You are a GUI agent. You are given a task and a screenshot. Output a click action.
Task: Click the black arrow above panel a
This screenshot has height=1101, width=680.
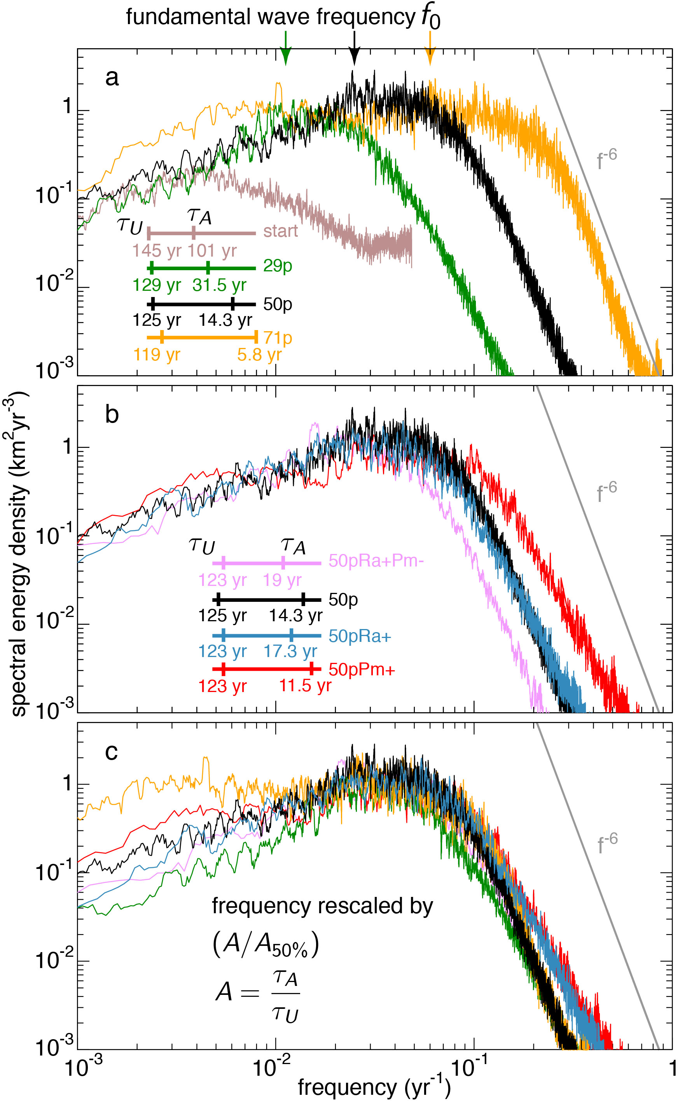point(355,49)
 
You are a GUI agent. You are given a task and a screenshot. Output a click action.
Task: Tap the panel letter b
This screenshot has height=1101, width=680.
point(112,414)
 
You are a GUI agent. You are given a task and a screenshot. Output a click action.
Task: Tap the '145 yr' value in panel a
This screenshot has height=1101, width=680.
point(157,250)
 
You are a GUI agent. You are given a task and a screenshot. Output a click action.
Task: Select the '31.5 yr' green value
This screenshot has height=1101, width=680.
point(219,285)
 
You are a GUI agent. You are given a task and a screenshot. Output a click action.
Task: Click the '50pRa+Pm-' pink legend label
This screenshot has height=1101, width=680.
point(376,561)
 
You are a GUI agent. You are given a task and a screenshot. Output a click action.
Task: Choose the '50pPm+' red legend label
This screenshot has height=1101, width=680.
point(362,669)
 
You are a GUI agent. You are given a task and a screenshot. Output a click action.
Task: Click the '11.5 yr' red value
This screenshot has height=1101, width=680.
point(305,686)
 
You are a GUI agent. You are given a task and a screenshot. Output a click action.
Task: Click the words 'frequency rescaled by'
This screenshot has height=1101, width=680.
point(322,906)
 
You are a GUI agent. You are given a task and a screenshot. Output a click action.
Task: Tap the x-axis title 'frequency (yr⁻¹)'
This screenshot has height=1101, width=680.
point(374,1087)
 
